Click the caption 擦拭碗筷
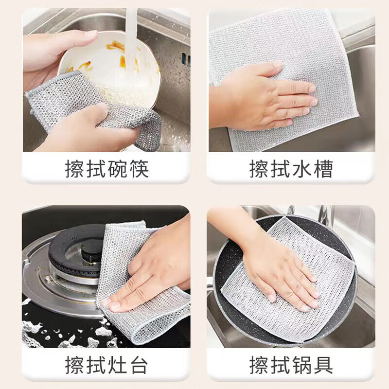107,169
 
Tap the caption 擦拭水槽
291,169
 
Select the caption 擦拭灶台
107,365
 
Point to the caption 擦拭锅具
291,365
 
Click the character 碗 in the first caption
118,169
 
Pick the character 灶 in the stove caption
118,365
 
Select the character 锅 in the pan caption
301,365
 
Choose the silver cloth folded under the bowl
94,109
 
